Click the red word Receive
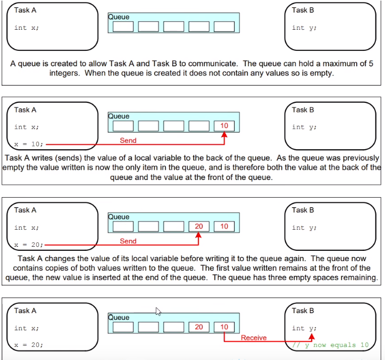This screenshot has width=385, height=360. [x=253, y=338]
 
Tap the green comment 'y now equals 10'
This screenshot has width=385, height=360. [x=331, y=345]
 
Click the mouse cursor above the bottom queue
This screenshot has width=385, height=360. [x=158, y=311]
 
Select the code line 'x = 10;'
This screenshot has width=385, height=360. [x=29, y=144]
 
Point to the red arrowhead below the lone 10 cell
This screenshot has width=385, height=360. [x=224, y=135]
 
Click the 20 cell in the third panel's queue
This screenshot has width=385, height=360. [x=199, y=226]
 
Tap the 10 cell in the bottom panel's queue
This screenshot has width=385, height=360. [x=224, y=327]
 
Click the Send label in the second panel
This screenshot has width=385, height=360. [x=128, y=141]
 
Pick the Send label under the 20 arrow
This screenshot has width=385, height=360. [x=128, y=241]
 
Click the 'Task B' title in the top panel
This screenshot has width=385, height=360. [x=303, y=10]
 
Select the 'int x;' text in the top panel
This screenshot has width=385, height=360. [x=26, y=27]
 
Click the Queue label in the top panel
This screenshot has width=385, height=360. [x=119, y=17]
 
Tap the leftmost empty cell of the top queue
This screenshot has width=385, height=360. [x=123, y=27]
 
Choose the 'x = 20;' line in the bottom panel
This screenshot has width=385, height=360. [x=29, y=345]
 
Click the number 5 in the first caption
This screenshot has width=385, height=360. [x=371, y=63]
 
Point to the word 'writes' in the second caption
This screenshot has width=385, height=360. [x=42, y=158]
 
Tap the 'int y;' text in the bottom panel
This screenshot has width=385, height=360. [x=304, y=328]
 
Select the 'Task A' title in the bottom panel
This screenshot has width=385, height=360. [x=25, y=311]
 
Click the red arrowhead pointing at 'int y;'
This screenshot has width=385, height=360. [x=312, y=337]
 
